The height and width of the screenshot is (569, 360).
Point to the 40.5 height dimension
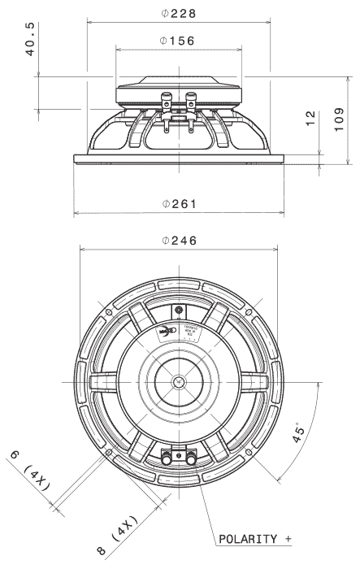coord(30,40)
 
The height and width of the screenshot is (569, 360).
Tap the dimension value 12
coord(310,120)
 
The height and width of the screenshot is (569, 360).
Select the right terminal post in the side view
coord(192,104)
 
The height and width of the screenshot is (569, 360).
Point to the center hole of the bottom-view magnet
coord(179,381)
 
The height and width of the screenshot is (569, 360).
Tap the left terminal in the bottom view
coord(167,459)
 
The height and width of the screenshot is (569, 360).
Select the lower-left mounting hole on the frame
coord(109,452)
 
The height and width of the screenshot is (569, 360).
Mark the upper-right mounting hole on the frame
coord(249,311)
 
